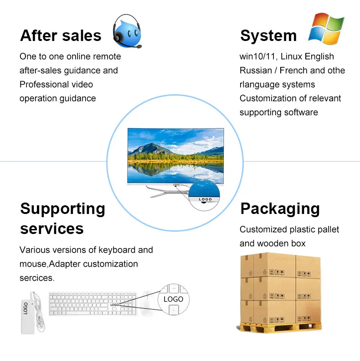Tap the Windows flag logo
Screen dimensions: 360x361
click(326, 28)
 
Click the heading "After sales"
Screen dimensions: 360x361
click(61, 36)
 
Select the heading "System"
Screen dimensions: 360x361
click(268, 36)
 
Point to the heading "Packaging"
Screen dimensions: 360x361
click(280, 208)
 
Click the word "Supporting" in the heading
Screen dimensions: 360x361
click(63, 208)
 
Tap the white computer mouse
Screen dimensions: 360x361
click(147, 302)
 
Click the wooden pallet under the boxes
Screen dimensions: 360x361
click(279, 326)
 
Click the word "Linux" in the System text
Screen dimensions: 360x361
click(294, 56)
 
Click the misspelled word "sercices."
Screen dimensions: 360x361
click(36, 278)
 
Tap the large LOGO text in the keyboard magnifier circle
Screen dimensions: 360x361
click(173, 299)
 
